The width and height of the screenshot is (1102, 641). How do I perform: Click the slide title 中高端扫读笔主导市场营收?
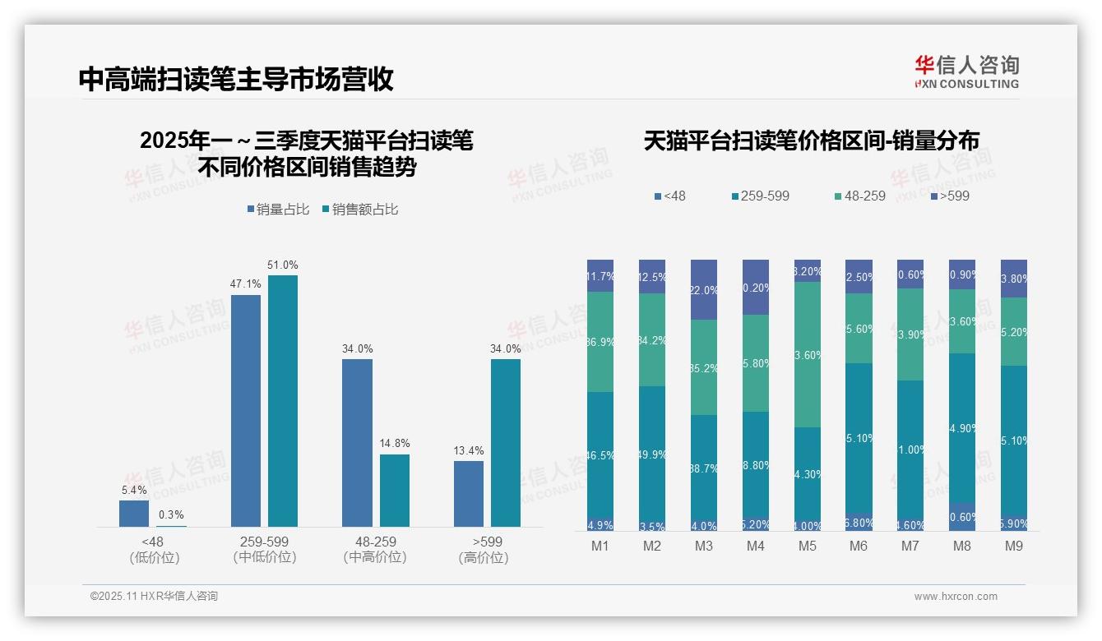pos(236,79)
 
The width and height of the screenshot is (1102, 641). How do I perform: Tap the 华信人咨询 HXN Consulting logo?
pos(966,72)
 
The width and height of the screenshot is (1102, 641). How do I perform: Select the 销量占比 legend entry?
pos(278,210)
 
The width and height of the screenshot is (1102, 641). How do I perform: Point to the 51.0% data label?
pos(283,265)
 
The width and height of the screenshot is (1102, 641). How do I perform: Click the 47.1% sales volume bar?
pos(246,411)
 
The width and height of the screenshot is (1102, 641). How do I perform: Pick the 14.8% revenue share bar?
pos(395,491)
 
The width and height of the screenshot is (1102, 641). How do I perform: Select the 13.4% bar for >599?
pos(469,494)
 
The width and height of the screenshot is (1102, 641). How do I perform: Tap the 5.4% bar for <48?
pos(134,514)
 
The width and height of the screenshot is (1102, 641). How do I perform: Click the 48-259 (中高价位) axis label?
pos(375,549)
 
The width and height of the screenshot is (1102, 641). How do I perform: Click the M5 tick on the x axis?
pos(807,546)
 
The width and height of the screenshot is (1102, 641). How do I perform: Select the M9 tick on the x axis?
pos(1014,546)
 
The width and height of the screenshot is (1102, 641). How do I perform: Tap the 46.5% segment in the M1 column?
pos(600,454)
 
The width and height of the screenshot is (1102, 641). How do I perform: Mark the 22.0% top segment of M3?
pos(704,289)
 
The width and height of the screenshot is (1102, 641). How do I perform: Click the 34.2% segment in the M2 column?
pos(652,339)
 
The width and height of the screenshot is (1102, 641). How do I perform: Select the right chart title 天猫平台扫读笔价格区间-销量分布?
pos(811,141)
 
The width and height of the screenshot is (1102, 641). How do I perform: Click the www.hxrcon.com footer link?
pos(956,597)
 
